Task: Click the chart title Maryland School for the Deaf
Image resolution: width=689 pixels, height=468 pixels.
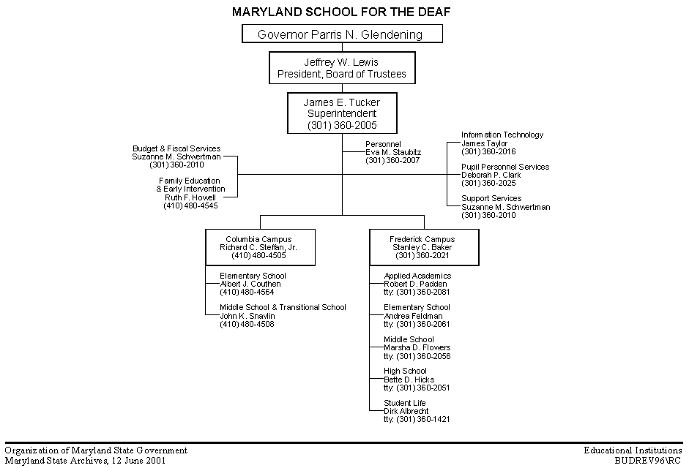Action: [341, 12]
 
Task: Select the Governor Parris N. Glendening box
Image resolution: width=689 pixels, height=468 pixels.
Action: [342, 34]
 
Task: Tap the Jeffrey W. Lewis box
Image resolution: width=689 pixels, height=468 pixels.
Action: [342, 68]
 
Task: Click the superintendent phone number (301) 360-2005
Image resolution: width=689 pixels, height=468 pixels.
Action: [342, 126]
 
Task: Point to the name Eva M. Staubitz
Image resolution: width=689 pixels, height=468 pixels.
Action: [393, 152]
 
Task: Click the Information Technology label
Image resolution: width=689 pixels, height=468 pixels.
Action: [502, 135]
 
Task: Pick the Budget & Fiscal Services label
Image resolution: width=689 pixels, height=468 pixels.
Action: [176, 148]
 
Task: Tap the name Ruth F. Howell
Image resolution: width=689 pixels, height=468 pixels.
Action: [190, 197]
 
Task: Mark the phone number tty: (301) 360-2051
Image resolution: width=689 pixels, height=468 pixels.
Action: [417, 388]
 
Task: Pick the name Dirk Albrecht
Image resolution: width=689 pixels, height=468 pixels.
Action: [406, 412]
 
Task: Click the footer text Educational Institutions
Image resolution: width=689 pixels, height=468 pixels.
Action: [633, 450]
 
